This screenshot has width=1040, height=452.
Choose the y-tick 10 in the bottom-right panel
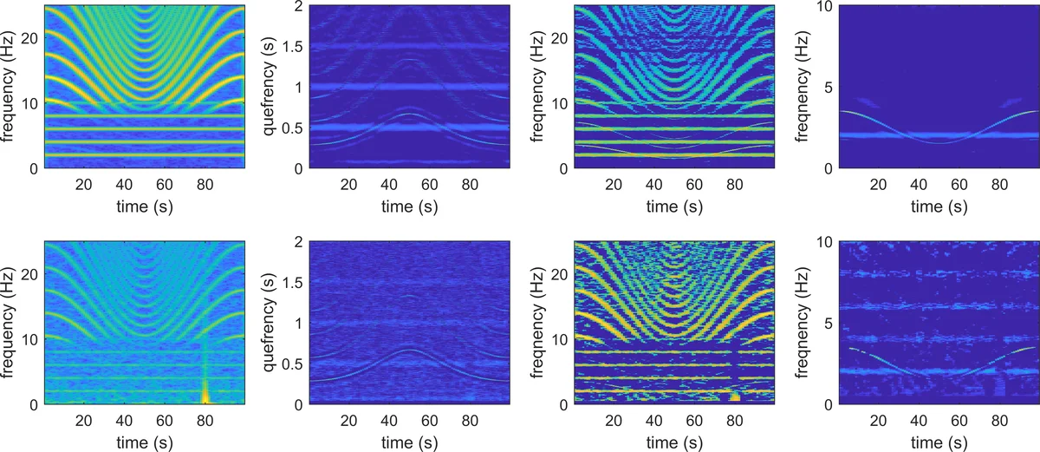[x=825, y=242]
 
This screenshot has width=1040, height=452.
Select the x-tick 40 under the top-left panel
[x=124, y=184]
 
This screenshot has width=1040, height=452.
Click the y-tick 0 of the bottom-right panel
[x=829, y=404]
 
